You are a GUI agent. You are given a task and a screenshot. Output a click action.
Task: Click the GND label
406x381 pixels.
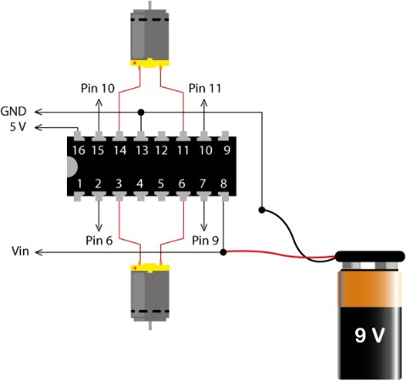point(14,112)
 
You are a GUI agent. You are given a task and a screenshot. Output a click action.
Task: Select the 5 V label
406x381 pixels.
point(18,127)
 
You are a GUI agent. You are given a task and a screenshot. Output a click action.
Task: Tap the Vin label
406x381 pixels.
point(20,251)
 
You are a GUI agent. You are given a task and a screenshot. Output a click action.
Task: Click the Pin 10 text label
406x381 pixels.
point(97,88)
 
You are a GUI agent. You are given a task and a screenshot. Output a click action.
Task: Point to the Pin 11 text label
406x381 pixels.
point(204,88)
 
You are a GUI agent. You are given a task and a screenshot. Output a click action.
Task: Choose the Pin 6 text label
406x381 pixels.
point(99,240)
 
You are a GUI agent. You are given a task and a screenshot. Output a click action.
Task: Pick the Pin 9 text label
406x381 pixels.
point(205,240)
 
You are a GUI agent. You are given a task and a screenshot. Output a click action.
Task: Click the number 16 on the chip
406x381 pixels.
point(79,151)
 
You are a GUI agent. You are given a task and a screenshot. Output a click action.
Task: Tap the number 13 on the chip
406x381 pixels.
point(142,151)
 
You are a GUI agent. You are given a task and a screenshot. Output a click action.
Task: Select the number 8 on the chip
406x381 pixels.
point(224,184)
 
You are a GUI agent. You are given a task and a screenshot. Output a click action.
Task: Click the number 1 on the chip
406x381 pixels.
point(80,184)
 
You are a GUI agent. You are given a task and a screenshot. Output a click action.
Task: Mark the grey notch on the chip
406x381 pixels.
point(72,167)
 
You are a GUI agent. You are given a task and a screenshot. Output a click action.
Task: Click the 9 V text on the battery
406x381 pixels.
point(370,335)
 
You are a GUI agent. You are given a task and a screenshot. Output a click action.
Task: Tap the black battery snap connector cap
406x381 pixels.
point(370,256)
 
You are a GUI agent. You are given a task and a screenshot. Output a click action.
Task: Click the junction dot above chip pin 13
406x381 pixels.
point(141,113)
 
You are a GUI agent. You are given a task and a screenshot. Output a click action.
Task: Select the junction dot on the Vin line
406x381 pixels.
point(223,252)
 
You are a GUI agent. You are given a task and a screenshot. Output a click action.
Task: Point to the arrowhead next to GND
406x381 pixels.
point(38,112)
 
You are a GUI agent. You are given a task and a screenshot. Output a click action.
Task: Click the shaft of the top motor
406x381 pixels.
point(150,5)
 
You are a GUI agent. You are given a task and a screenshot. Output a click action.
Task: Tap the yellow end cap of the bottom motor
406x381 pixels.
point(150,268)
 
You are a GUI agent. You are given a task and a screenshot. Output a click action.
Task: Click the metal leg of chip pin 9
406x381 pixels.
point(225,135)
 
